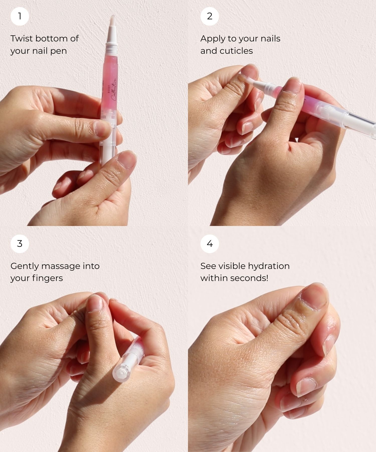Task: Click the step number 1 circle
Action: coord(20,16)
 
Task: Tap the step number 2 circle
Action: coord(210,16)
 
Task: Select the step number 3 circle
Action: coord(20,244)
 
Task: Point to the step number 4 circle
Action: coord(210,244)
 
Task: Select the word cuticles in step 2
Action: coord(236,51)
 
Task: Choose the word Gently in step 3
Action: coord(24,266)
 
